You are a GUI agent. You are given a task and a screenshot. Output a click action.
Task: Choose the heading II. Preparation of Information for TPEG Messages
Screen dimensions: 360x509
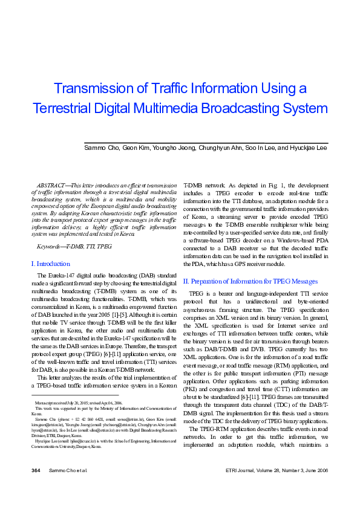[x=250, y=281]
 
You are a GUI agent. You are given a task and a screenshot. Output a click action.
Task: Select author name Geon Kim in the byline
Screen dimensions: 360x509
[x=135, y=148]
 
